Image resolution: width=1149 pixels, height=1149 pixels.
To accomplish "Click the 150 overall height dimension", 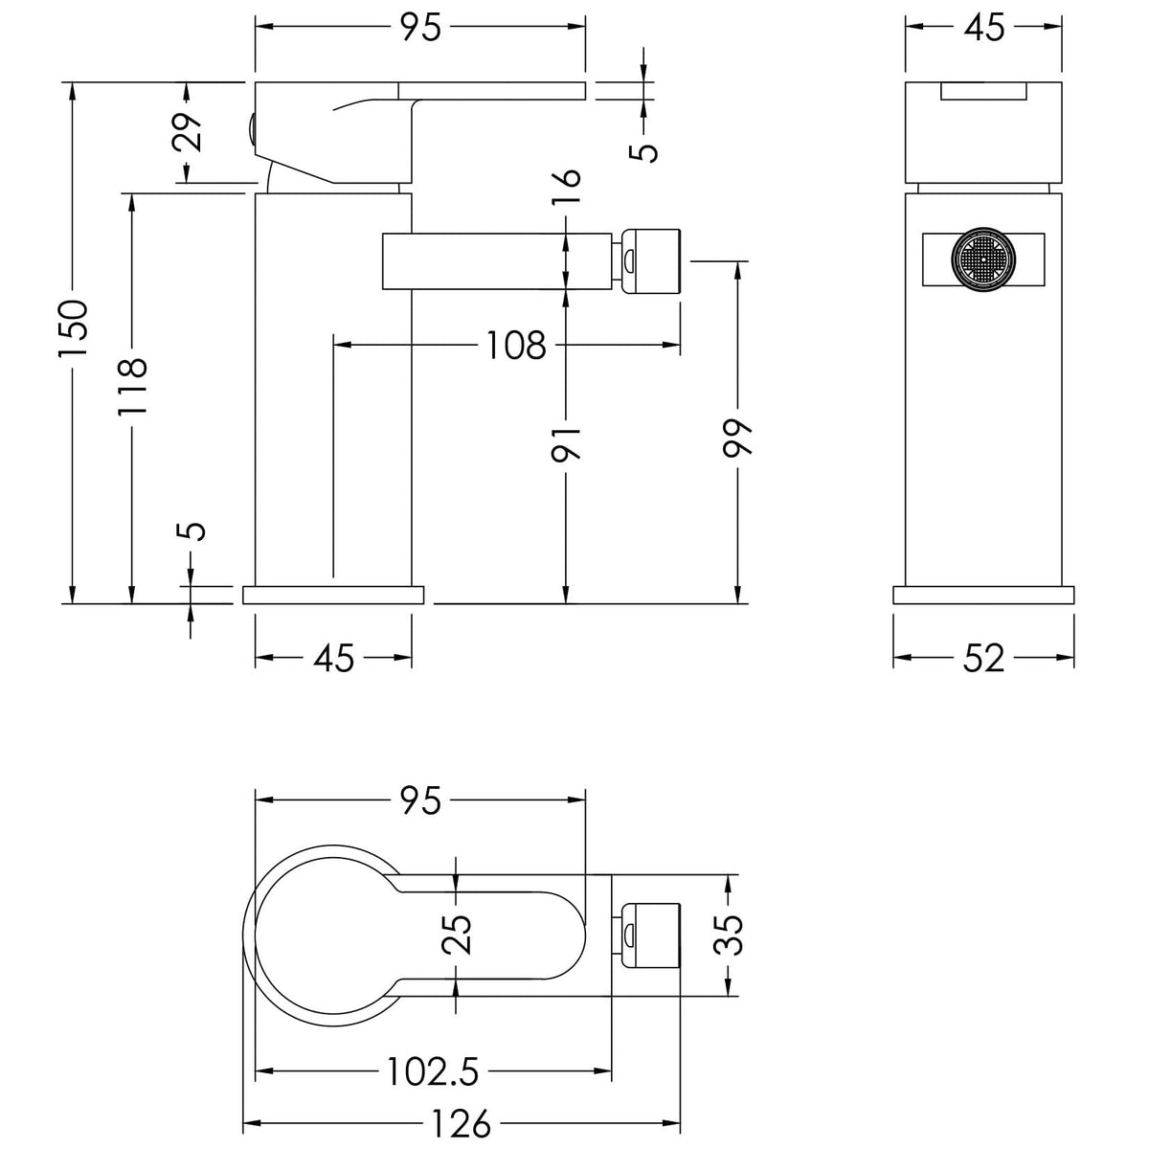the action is pos(74,328).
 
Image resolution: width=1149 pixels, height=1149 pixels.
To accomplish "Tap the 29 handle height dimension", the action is pos(188,132).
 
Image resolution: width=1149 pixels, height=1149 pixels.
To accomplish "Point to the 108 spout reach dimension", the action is pos(516,346).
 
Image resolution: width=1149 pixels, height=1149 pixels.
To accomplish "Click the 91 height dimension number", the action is pos(566,443).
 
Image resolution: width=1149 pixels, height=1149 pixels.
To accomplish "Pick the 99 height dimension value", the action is pos(737,439).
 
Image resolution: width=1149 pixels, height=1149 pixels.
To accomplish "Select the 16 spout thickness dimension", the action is pos(566,186).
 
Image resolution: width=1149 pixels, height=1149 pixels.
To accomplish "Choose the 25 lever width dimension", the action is pos(456,934).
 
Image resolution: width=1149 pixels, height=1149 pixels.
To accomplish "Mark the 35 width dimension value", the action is pos(729,935).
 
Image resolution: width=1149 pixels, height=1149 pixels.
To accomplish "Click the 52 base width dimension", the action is pos(984,658).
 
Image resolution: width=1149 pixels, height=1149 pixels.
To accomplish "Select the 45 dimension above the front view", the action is pos(984,27).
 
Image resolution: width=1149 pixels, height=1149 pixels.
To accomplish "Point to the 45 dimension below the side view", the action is pos(334,658).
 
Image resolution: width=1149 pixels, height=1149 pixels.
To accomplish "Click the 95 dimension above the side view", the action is pos(420,27).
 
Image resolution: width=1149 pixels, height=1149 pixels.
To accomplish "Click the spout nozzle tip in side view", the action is pos(650,260).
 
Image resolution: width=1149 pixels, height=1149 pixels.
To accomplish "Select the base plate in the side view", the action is pos(333,595).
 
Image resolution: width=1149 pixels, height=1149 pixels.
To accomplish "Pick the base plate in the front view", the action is pos(984,595).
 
